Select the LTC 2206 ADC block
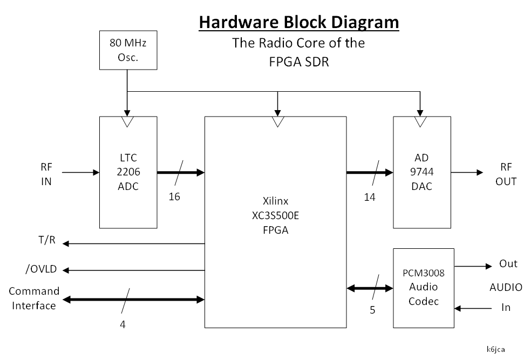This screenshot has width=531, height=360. point(128,172)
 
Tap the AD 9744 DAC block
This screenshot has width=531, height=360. point(421,172)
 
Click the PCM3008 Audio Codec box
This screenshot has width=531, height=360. point(424,287)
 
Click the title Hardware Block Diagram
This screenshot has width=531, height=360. point(299,23)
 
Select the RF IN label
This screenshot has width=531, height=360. point(46,174)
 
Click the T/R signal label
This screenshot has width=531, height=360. point(46,239)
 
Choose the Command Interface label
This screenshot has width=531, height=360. point(34,298)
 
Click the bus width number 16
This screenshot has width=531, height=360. point(174,197)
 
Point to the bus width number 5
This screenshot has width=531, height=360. point(372,310)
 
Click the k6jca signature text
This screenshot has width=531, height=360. point(495,349)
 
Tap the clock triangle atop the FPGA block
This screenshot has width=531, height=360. point(277,122)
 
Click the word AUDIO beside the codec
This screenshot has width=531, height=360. point(506,287)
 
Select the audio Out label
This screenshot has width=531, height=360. point(508,263)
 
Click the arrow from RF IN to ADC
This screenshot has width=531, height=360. point(81,173)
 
